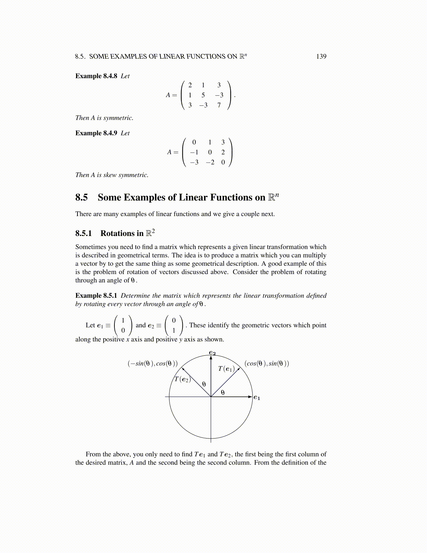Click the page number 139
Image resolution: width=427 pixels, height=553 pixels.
321,57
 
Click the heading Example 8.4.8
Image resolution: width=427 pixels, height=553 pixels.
96,76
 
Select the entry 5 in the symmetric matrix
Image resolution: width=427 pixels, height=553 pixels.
203,95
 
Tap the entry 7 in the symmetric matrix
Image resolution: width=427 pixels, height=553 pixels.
219,105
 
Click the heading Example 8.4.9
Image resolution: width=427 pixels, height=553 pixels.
96,133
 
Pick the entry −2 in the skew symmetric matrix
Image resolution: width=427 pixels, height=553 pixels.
210,162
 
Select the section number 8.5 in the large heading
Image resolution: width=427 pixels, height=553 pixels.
82,198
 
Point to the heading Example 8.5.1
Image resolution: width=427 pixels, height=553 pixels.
96,296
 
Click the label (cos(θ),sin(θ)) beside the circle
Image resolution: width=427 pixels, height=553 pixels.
267,363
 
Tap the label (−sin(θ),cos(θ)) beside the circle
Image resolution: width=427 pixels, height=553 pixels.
153,363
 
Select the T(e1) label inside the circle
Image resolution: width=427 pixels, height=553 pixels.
226,369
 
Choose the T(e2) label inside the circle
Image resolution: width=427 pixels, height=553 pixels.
182,379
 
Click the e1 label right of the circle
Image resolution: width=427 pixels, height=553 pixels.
257,397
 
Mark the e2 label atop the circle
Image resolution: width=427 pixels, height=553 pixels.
212,353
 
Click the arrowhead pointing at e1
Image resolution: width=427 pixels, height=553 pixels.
250,397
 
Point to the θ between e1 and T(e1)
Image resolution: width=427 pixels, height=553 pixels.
223,392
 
